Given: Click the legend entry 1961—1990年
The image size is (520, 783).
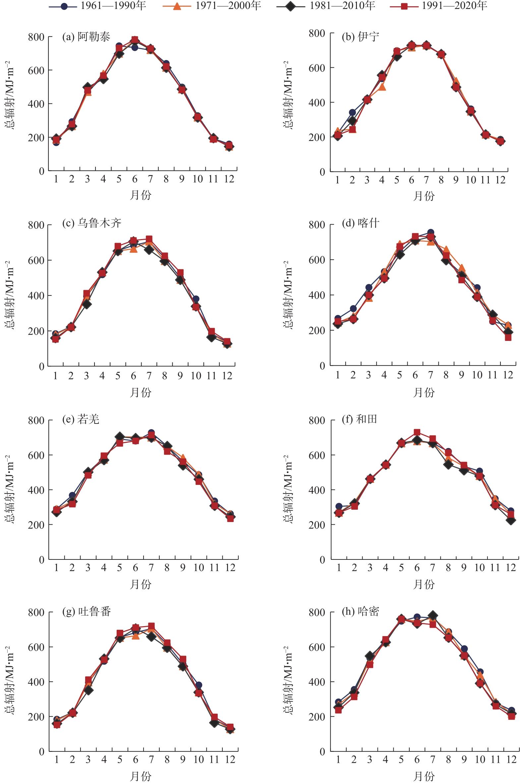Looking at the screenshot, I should pyautogui.click(x=97, y=6).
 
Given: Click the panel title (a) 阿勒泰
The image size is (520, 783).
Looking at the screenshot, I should pyautogui.click(x=86, y=37).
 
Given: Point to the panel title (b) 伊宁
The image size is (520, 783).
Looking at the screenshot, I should pyautogui.click(x=361, y=36).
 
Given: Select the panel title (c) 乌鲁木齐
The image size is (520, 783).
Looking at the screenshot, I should pyautogui.click(x=92, y=223).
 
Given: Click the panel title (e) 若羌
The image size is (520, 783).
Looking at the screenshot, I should pyautogui.click(x=81, y=420).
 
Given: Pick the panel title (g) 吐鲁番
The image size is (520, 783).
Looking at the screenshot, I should pyautogui.click(x=87, y=611).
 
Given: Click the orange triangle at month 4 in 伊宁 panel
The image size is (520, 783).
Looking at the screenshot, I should pyautogui.click(x=382, y=87).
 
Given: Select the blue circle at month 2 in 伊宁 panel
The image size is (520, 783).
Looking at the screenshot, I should pyautogui.click(x=352, y=112).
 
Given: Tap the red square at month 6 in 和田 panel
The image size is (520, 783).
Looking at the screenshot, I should pyautogui.click(x=417, y=432).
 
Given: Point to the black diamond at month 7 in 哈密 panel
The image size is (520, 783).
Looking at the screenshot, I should pyautogui.click(x=433, y=616).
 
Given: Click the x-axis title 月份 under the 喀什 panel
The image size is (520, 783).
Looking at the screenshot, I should pyautogui.click(x=424, y=393).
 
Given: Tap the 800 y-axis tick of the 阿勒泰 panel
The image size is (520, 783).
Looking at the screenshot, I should pyautogui.click(x=36, y=37).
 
